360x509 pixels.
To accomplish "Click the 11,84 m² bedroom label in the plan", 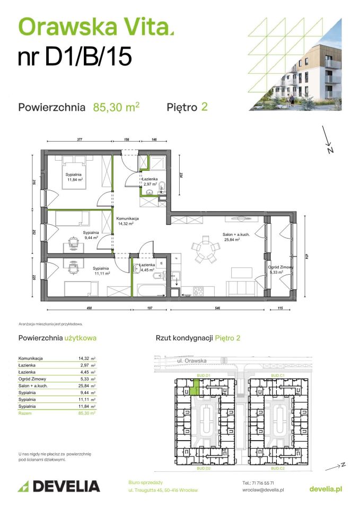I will tap(76, 177).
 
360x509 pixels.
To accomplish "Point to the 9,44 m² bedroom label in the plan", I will tap(91, 235).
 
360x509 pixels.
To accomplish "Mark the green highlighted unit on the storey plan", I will tap(196, 389).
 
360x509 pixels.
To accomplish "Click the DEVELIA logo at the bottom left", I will tap(59, 486).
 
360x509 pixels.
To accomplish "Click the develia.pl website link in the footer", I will tap(325, 488).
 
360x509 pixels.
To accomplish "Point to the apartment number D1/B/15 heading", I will tap(75, 56).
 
